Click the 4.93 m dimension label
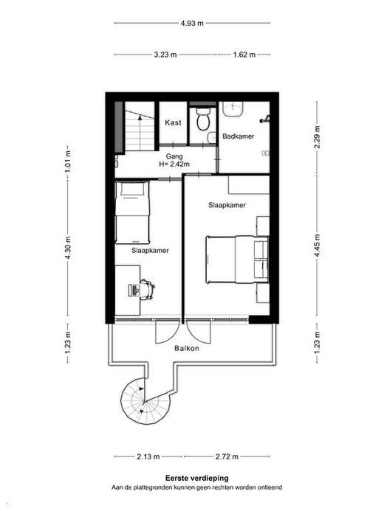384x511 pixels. (x=192, y=23)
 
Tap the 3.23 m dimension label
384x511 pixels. (x=165, y=55)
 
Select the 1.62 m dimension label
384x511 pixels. (x=244, y=55)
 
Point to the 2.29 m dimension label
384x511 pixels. (x=317, y=137)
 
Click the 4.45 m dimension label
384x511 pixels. (x=317, y=246)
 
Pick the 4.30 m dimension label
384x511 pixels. (x=68, y=248)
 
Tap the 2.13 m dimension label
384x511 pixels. (x=148, y=456)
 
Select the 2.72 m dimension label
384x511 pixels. (x=227, y=456)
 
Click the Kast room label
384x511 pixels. (x=173, y=123)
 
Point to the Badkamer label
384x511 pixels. (x=239, y=136)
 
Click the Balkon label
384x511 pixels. (x=187, y=348)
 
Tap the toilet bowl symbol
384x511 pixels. (x=204, y=119)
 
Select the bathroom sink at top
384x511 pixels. (x=233, y=108)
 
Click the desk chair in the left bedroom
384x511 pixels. (x=147, y=289)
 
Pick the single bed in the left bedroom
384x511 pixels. (x=132, y=212)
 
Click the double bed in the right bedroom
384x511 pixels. (x=237, y=260)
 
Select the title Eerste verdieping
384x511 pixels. (x=196, y=479)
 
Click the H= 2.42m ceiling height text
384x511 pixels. (x=174, y=164)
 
